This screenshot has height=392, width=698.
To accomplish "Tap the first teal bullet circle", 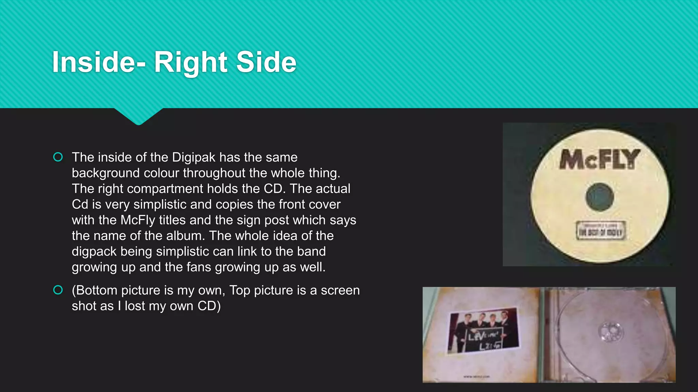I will pyautogui.click(x=58, y=157).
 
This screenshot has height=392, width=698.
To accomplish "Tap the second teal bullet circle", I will pyautogui.click(x=58, y=290).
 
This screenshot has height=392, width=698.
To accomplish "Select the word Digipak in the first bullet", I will pyautogui.click(x=194, y=158).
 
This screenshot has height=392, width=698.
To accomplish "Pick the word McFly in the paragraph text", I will pyautogui.click(x=138, y=220).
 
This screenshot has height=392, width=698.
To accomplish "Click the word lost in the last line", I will pyautogui.click(x=135, y=306).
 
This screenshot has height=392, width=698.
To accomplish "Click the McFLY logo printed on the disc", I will pyautogui.click(x=600, y=159).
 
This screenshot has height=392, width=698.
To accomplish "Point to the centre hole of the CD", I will pyautogui.click(x=600, y=197).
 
